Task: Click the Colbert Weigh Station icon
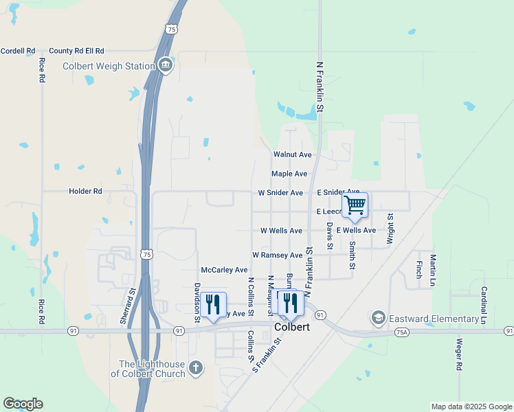166,66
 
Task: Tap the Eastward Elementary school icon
378,318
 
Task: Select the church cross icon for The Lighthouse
196,368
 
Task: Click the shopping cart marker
355,205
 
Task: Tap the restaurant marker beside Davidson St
213,303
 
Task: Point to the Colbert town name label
292,328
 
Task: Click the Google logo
23,404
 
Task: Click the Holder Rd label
85,192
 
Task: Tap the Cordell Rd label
18,51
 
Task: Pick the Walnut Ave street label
293,155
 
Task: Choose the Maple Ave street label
289,174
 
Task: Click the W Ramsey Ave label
278,255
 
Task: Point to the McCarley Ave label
224,270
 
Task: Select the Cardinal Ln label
484,306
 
